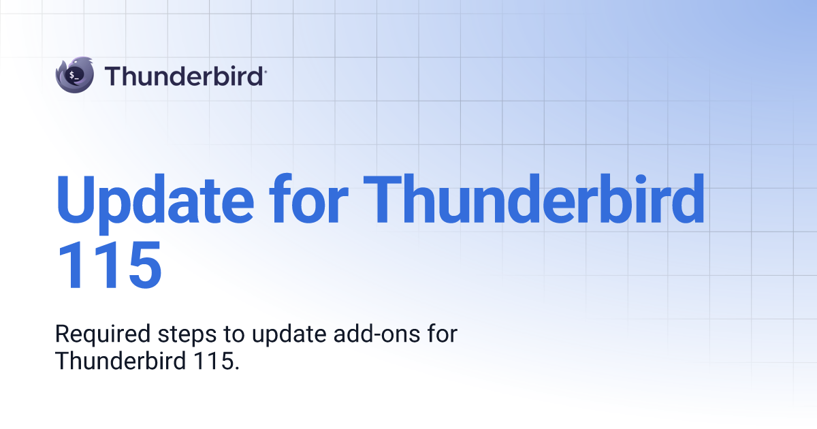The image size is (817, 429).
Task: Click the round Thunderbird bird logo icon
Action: tap(74, 75)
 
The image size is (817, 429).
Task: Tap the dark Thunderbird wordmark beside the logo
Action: tap(184, 75)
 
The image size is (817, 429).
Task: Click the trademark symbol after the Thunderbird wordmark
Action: tap(265, 69)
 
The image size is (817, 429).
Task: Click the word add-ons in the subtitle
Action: tap(373, 335)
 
